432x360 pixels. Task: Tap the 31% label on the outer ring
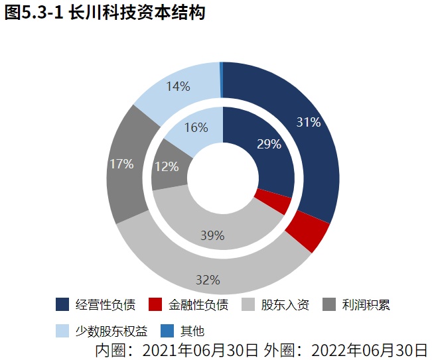click(x=309, y=122)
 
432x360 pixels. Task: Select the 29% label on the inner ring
click(x=269, y=144)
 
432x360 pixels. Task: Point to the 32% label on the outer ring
click(x=208, y=280)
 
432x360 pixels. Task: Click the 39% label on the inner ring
click(x=212, y=235)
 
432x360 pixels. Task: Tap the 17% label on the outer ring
click(x=121, y=163)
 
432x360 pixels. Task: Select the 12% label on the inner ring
click(x=166, y=166)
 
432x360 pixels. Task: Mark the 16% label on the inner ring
click(x=196, y=127)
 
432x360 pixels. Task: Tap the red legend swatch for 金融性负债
click(x=155, y=305)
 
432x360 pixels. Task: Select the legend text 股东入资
click(x=285, y=306)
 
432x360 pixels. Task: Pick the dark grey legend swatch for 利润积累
click(x=328, y=305)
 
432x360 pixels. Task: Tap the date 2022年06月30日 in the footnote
click(x=369, y=349)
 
